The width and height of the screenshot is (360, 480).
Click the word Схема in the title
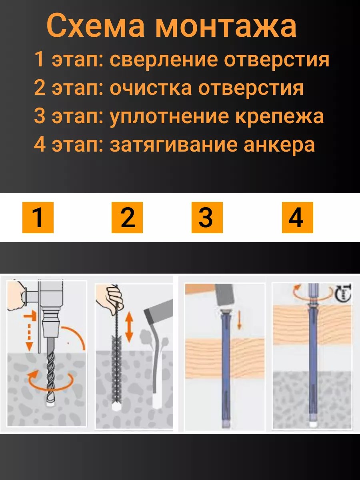96,26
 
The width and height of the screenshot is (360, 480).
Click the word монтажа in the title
226,27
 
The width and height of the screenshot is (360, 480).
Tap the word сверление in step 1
164,60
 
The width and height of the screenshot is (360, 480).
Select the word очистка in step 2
151,88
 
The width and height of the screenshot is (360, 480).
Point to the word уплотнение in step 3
169,117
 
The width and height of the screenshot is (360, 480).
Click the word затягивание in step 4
174,145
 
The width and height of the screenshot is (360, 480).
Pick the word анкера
279,145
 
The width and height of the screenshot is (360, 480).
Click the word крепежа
280,116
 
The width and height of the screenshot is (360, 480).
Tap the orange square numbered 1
38,218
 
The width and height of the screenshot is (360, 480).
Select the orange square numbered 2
127,218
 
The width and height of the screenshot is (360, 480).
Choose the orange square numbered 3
207,218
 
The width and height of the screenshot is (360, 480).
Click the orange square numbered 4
298,218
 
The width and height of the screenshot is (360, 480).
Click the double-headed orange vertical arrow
129,327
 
